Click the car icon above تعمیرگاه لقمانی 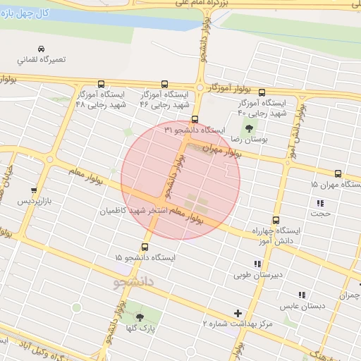[x=42, y=48]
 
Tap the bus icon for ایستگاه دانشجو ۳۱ [x=195, y=119]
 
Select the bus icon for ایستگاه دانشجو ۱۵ [x=145, y=247]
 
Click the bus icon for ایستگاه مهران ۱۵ [x=338, y=173]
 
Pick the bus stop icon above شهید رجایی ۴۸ [x=101, y=83]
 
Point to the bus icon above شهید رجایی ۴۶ [x=165, y=84]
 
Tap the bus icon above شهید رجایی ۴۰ [x=262, y=92]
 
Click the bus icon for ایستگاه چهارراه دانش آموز [x=276, y=220]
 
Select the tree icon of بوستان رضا [x=249, y=128]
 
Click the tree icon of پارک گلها [x=140, y=317]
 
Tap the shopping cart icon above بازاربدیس [x=34, y=190]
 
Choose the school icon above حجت [x=321, y=203]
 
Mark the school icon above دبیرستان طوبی [x=257, y=264]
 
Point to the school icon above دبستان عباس [x=302, y=295]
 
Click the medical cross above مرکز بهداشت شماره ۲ [x=238, y=313]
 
